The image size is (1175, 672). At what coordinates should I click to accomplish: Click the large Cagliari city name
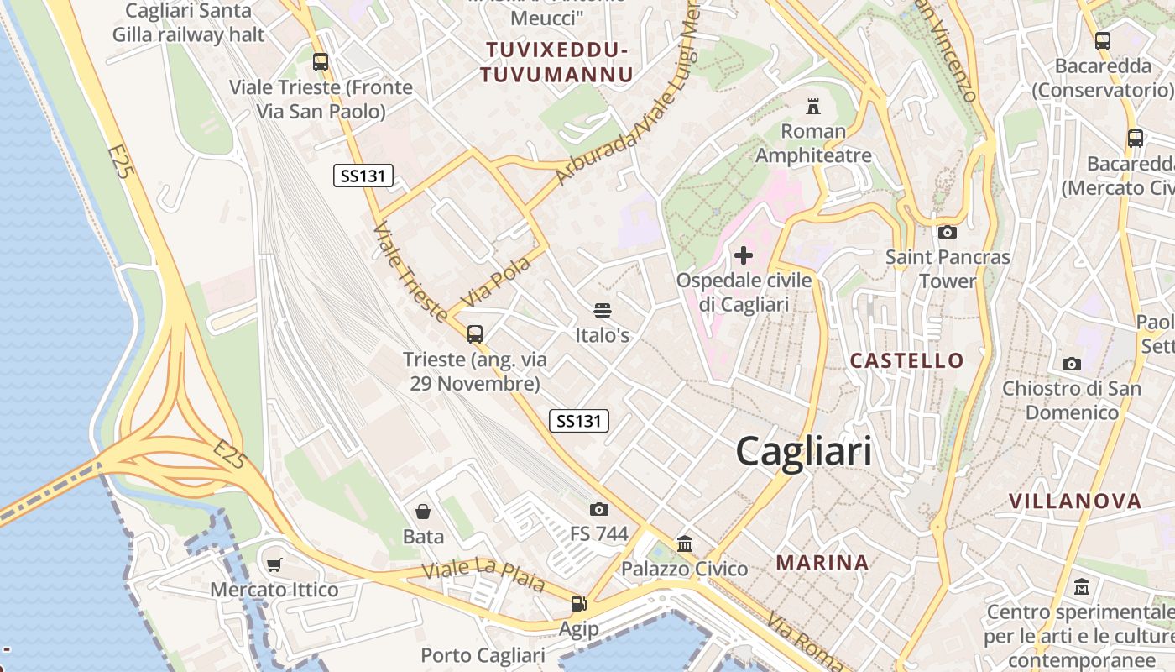pos(803,452)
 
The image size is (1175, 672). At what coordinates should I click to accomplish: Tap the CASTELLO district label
pos(907,361)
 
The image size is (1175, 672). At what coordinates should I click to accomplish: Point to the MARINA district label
pos(822,563)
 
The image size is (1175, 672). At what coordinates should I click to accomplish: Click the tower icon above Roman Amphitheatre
pos(812,107)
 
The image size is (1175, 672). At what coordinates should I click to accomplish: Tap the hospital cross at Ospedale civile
pos(744,255)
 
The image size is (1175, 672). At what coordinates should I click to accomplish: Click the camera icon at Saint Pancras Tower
pos(948,233)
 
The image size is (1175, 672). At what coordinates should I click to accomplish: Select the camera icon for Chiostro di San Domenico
pos(1071,364)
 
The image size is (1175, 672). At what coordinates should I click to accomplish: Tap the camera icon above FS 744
pos(598,509)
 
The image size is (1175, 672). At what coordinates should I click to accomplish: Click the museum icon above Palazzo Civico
pos(685,544)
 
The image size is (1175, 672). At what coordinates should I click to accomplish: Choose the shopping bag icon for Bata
pos(423,512)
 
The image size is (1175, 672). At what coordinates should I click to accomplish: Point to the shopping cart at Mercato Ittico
pos(274,565)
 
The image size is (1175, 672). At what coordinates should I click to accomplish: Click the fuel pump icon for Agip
pos(578,604)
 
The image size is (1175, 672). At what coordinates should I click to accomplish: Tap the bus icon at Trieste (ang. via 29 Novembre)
pos(475,334)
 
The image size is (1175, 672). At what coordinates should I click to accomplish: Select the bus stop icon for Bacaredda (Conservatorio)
pos(1103,40)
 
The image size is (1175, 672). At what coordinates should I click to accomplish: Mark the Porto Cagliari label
pos(483,655)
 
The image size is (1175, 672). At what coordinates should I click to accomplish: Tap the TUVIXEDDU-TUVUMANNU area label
pos(556,63)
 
